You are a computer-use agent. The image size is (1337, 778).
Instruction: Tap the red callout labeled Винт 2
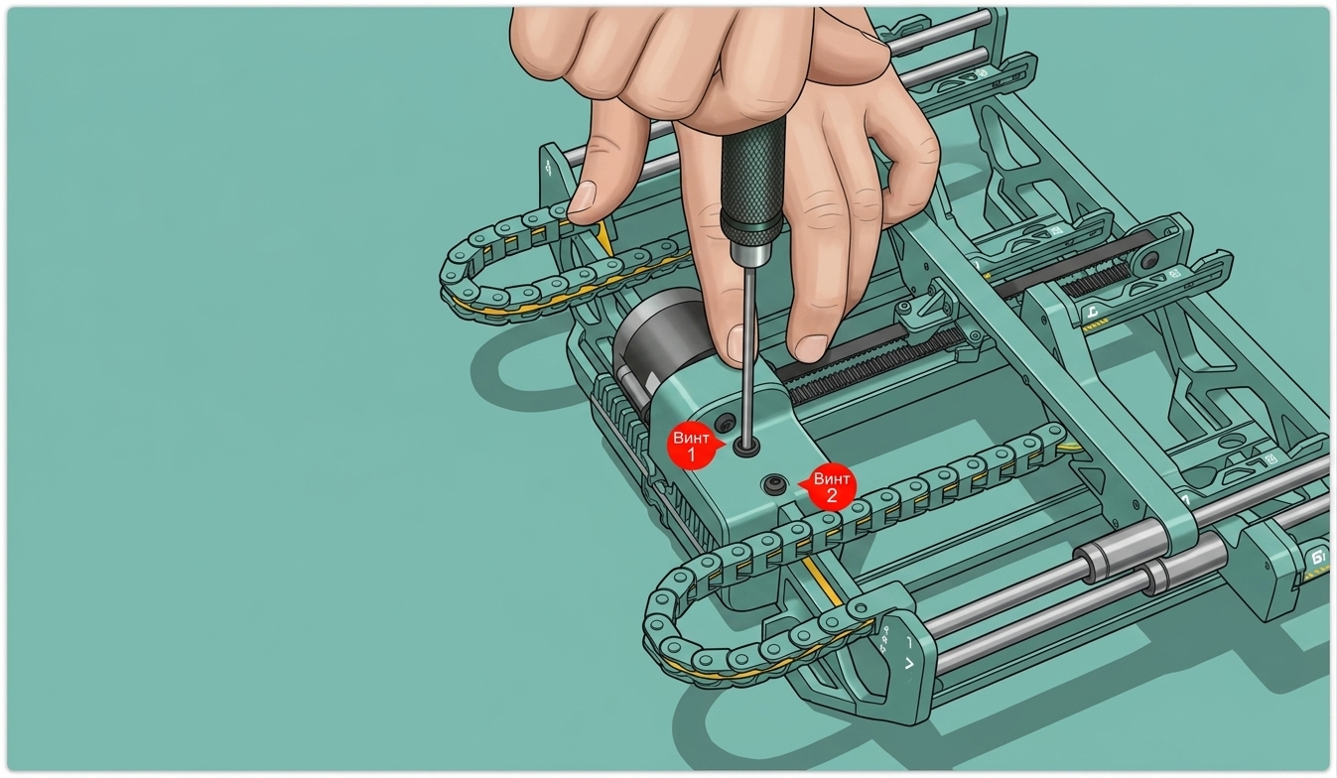pos(830,487)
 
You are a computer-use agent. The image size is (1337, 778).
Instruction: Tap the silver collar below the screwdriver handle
pos(750,251)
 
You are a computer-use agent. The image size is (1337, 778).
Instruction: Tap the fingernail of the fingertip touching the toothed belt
pos(811,348)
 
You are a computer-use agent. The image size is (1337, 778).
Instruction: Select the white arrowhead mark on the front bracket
pos(909,664)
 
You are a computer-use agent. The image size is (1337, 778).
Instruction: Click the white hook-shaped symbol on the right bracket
pos(1092,311)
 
